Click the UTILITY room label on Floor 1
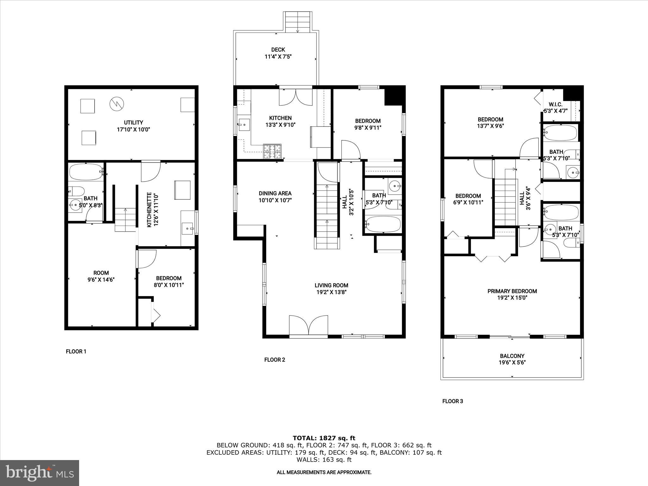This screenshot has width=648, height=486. tap(133, 122)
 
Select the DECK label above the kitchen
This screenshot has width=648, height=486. tap(278, 50)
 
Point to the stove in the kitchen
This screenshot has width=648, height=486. tap(272, 151)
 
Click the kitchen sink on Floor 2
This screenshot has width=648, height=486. tap(244, 124)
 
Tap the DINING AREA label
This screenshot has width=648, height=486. tap(275, 193)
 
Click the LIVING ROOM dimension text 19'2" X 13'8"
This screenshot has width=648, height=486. tap(331, 292)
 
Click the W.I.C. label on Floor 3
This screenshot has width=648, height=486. tap(555, 104)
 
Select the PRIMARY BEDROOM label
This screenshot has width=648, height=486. tap(512, 291)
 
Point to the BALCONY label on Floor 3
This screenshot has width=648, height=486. tap(512, 356)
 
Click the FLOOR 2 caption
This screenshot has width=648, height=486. tap(275, 360)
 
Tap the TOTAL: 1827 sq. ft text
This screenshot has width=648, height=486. tap(324, 438)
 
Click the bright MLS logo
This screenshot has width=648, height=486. tap(40, 473)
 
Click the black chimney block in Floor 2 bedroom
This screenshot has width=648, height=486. tap(395, 95)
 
